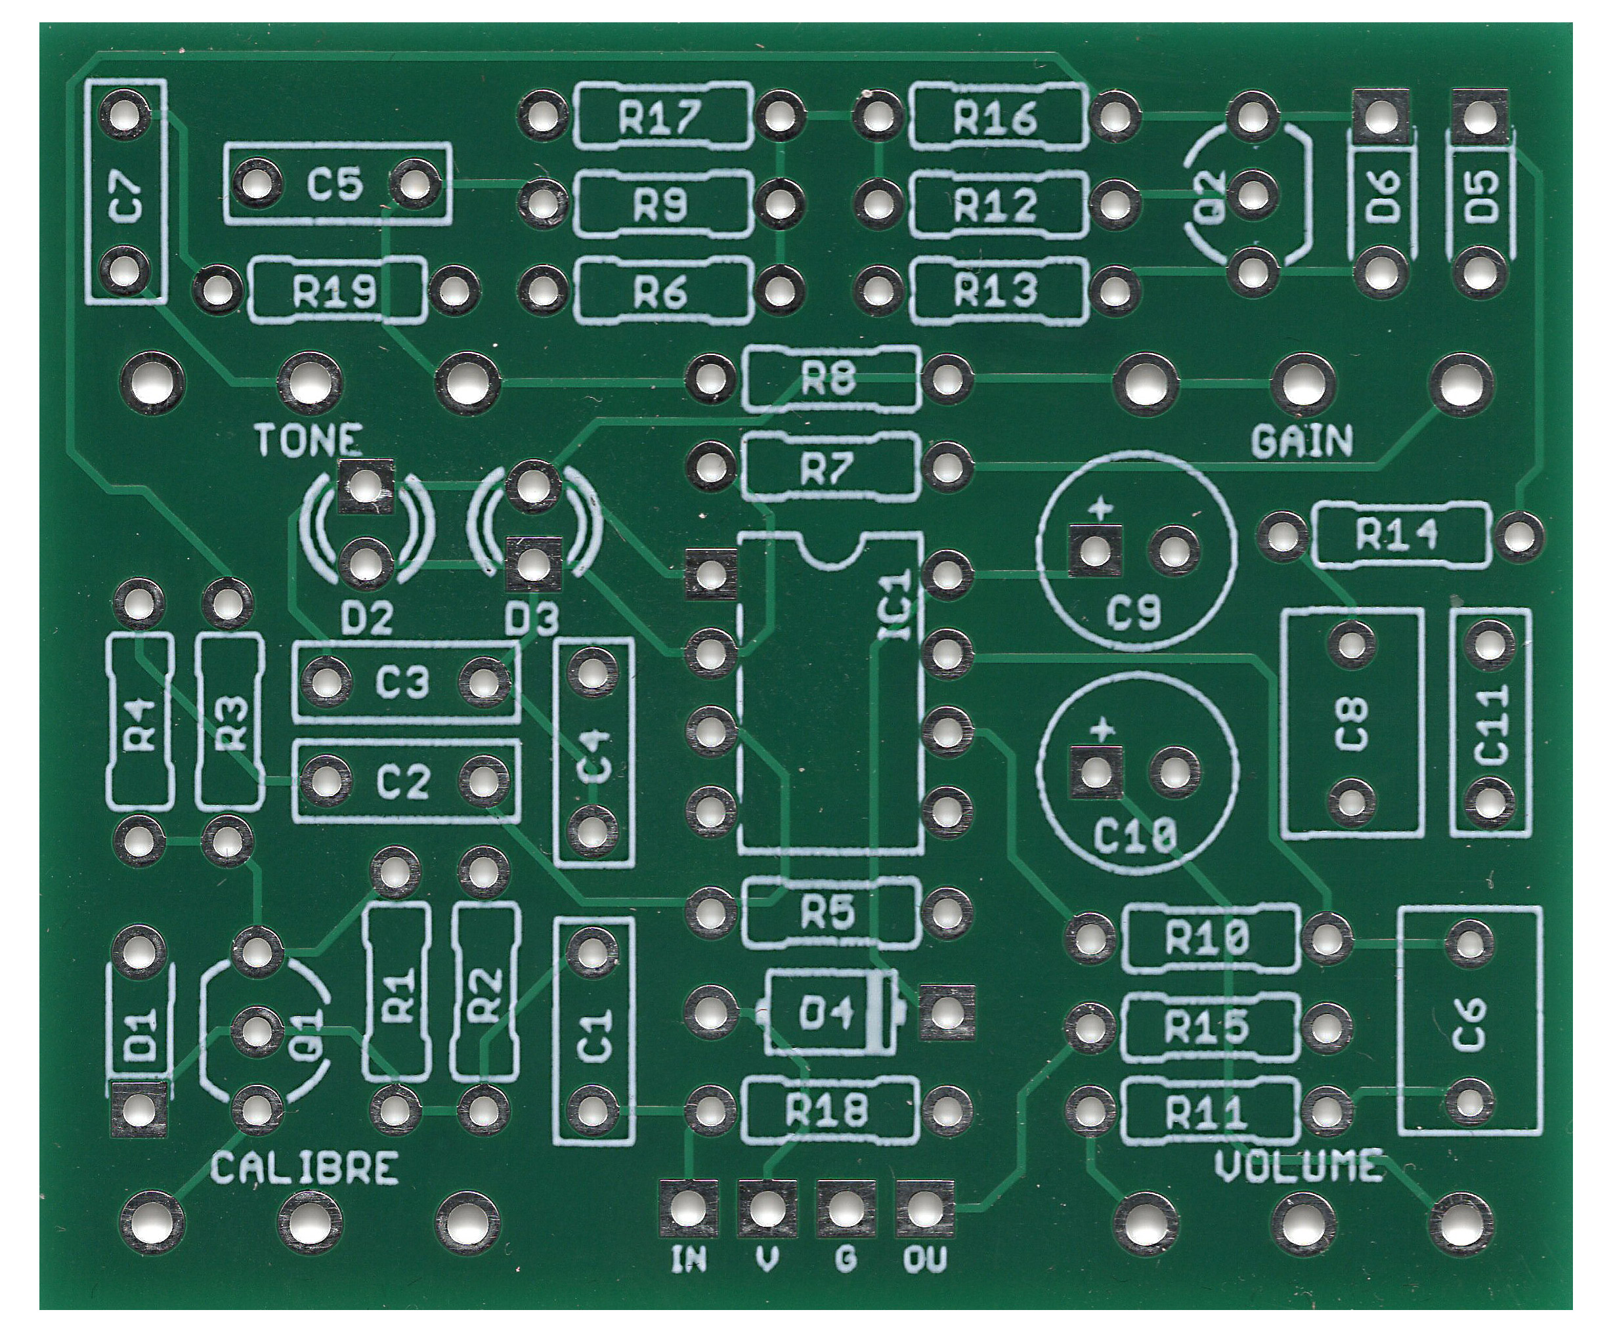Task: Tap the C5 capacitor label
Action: [x=335, y=185]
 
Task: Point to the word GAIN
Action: [x=1302, y=442]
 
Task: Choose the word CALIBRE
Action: [x=304, y=1170]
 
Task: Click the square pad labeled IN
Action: [x=689, y=1210]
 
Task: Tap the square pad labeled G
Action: [x=846, y=1210]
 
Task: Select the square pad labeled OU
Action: [x=925, y=1210]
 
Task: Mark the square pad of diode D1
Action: [x=139, y=1109]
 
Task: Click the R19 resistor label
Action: [x=335, y=293]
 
